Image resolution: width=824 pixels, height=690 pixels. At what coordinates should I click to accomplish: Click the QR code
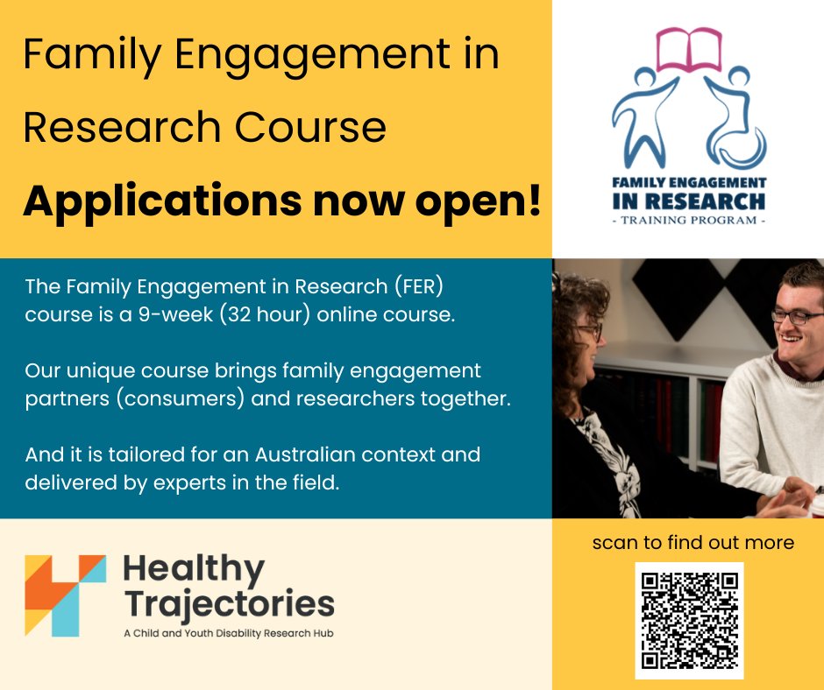(690, 621)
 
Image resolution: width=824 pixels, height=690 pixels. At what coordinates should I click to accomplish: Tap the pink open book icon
(689, 49)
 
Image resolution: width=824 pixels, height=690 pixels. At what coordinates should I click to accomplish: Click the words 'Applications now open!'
(281, 202)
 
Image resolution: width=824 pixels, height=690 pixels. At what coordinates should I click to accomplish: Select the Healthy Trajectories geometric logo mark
(65, 595)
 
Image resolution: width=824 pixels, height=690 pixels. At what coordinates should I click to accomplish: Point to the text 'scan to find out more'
(693, 542)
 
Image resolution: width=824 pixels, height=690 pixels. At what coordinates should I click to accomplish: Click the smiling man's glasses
(797, 316)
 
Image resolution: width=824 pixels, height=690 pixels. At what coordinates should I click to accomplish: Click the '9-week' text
(176, 314)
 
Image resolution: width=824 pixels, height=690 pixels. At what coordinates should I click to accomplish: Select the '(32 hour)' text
(266, 314)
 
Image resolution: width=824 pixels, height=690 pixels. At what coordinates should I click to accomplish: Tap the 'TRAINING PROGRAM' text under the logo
(689, 220)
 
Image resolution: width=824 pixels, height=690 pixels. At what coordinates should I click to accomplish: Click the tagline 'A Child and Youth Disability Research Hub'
(229, 633)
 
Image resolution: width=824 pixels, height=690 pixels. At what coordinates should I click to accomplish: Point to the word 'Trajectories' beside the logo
(229, 604)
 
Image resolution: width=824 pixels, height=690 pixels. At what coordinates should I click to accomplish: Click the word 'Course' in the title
(310, 127)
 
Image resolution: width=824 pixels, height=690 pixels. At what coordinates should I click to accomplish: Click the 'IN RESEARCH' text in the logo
(689, 201)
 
